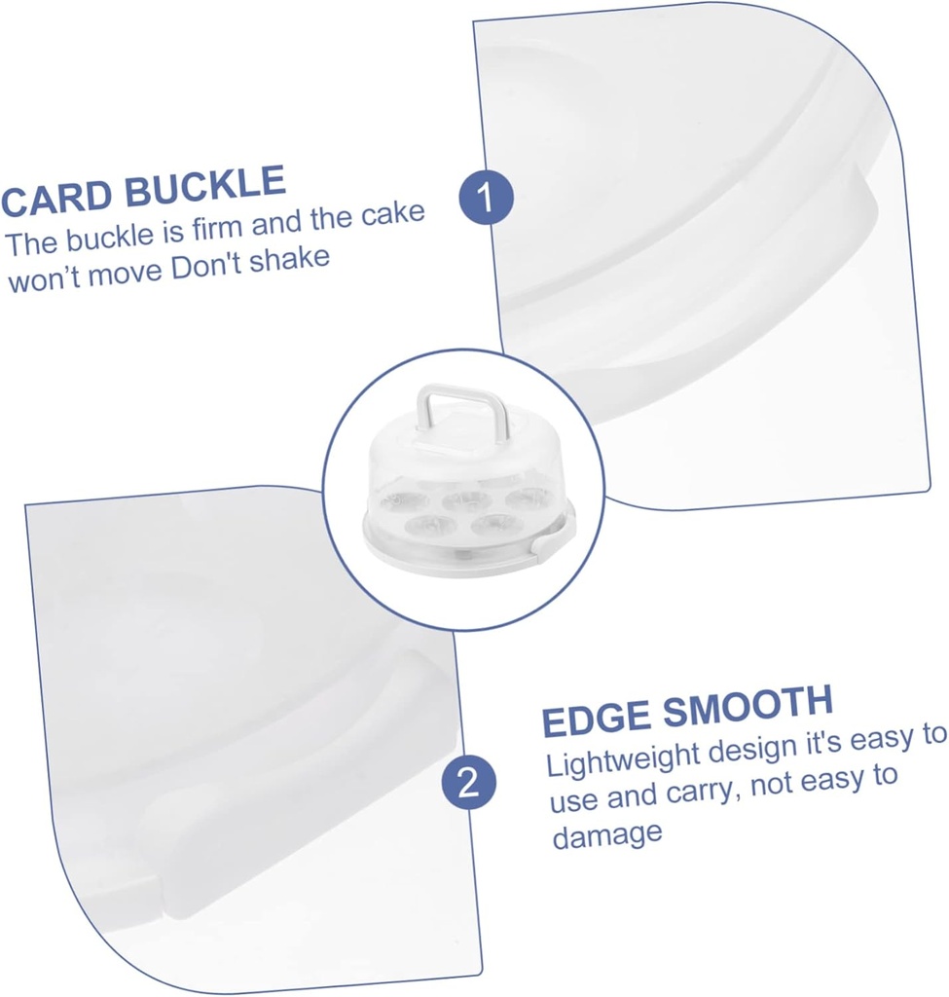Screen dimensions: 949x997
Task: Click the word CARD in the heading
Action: (55, 196)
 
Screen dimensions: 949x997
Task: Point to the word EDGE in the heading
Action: (598, 719)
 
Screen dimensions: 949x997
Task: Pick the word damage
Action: (607, 834)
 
